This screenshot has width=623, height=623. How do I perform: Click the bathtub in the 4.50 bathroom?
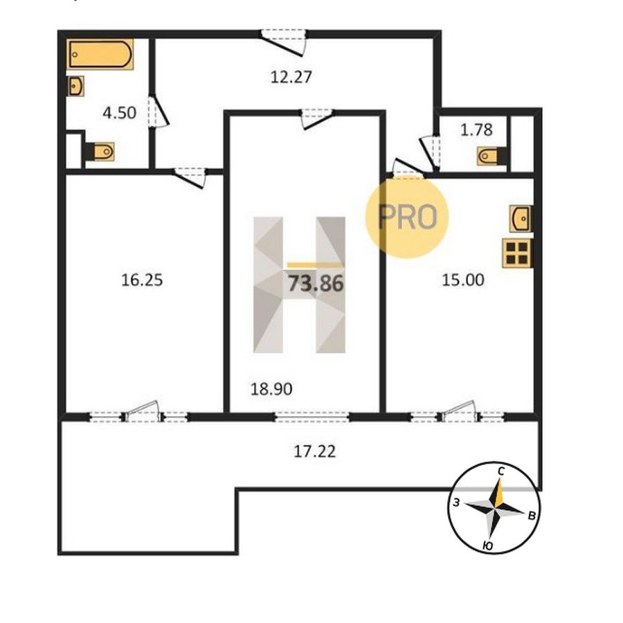100,54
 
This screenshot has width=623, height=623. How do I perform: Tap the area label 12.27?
291,77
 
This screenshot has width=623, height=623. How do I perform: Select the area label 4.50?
119,113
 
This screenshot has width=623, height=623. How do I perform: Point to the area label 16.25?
142,280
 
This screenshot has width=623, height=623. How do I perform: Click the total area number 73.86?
316,284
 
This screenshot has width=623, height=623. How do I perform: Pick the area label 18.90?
271,389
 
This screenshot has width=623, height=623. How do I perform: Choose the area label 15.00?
463,280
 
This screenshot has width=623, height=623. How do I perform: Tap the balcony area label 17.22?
315,451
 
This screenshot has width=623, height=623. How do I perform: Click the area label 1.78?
476,129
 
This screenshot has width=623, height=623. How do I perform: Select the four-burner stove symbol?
517,253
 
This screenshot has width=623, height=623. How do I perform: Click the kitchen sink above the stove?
521,218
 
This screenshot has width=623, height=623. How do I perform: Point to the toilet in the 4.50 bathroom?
100,152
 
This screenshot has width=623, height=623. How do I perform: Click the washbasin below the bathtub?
76,87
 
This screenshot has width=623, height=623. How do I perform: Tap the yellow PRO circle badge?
407,217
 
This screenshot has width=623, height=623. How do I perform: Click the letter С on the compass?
501,471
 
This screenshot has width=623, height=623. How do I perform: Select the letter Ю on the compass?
488,546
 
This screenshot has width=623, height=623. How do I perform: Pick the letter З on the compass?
457,503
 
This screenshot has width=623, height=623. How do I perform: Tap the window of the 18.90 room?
312,417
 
